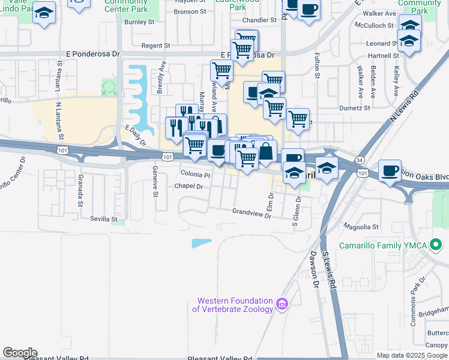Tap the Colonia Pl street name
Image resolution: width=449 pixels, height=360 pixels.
coord(196,175)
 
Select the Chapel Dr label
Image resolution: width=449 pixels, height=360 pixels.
coord(190,187)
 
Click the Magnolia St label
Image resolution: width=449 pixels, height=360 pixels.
coord(360,227)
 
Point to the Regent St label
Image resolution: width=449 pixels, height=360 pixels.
coord(155,46)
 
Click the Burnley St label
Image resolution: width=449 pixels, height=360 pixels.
coord(140,22)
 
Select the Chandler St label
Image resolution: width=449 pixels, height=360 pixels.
coord(260,20)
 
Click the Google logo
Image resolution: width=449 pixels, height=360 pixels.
coord(20,353)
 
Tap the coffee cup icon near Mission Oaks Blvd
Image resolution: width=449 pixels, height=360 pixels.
coord(390,170)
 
